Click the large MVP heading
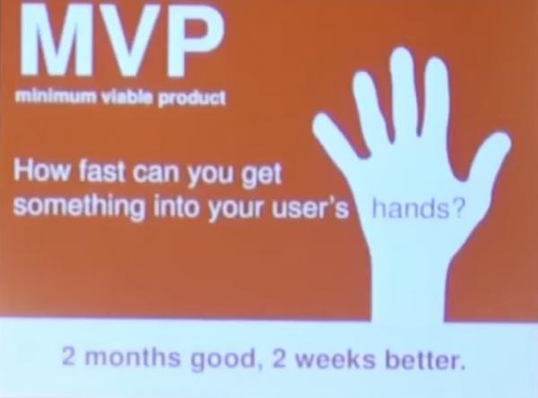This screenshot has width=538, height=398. [123, 39]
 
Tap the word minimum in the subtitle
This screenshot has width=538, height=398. [56, 97]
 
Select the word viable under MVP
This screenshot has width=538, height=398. [127, 98]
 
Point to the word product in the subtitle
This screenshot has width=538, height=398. [192, 99]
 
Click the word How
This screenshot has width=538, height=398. [41, 170]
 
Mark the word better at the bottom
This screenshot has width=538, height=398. [425, 359]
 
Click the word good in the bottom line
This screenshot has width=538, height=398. [223, 359]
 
